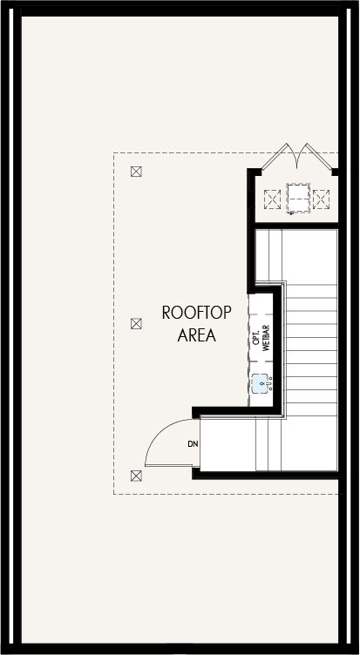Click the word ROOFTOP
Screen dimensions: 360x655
pos(196,313)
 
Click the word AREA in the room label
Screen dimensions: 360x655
pos(196,335)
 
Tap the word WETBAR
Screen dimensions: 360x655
pos(267,338)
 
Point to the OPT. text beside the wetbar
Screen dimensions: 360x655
pos(256,337)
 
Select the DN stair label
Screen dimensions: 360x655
pos(193,443)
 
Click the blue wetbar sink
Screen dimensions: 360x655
pos(260,383)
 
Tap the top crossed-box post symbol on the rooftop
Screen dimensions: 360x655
pos(136,172)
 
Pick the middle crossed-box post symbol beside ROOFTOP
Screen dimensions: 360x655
pos(136,323)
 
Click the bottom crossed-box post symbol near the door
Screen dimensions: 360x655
pos(136,476)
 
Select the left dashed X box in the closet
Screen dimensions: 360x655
pos(272,199)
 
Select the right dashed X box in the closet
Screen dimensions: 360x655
pos(321,199)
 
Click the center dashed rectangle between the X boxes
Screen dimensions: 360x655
pos(298,198)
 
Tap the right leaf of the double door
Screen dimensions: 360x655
pos(319,157)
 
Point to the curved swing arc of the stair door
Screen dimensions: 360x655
pos(160,432)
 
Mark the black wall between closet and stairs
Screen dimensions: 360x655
pos(296,226)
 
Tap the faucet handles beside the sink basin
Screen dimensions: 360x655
pos(270,383)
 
